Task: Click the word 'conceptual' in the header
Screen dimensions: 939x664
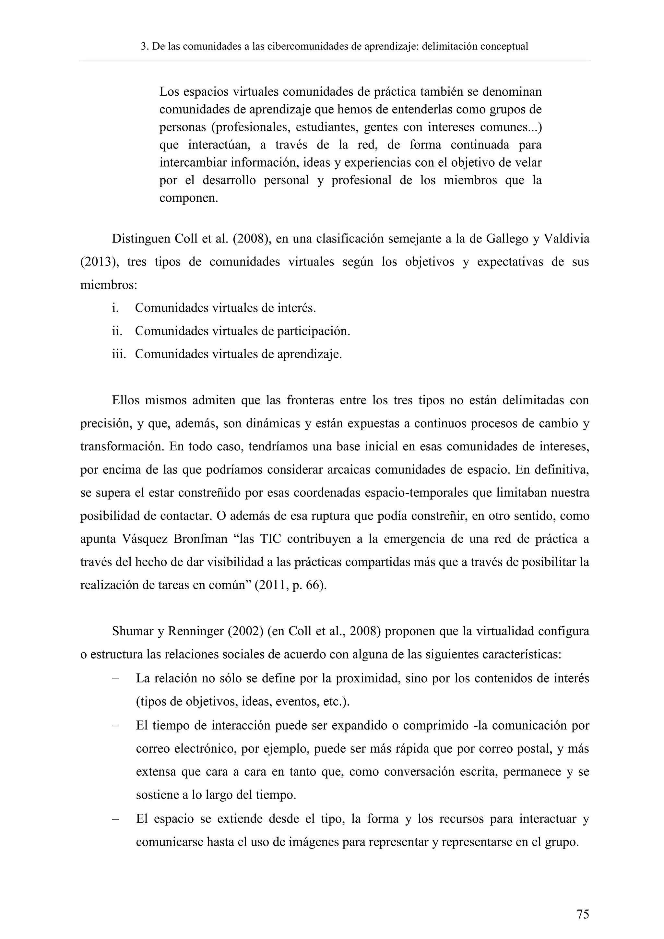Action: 504,47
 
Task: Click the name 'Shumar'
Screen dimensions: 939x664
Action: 131,631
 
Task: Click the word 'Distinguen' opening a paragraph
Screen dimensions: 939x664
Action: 141,239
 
